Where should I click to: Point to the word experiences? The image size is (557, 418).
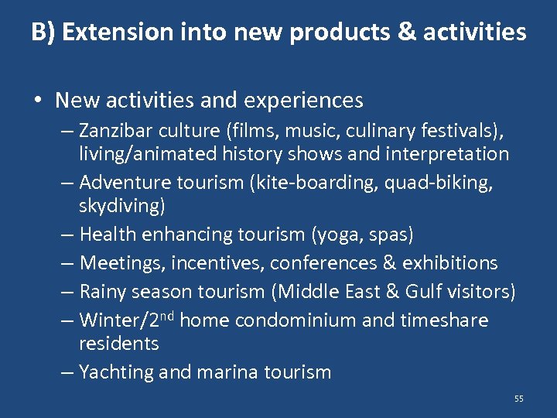[x=305, y=101]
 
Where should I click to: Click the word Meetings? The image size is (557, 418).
[x=121, y=263]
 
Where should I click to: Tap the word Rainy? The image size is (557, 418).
[x=104, y=292]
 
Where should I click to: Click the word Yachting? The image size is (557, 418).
[x=117, y=372]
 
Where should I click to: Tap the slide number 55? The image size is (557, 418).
[x=518, y=399]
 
